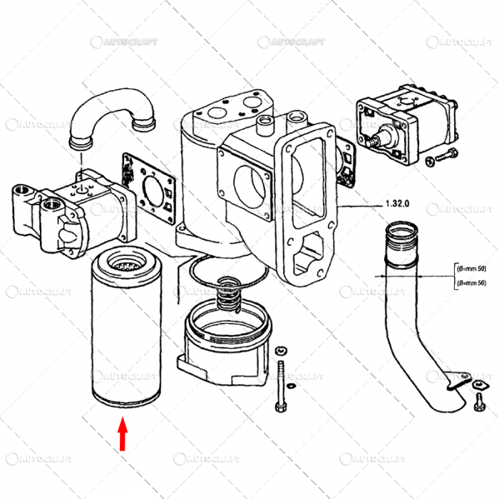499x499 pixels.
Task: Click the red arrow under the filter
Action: (x=123, y=436)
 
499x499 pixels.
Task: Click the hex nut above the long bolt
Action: (x=280, y=350)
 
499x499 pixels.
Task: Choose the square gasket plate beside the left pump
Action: (x=150, y=189)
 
